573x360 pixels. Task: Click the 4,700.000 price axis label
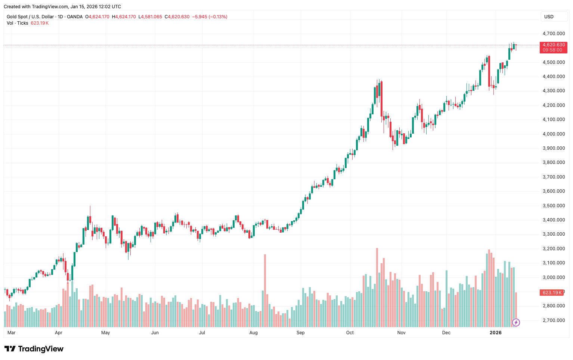pyautogui.click(x=554, y=34)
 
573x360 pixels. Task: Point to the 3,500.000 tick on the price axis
pyautogui.click(x=554, y=206)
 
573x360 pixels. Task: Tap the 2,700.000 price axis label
pyautogui.click(x=554, y=320)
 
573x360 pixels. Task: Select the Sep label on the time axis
pyautogui.click(x=301, y=333)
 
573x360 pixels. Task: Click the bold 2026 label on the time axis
pyautogui.click(x=496, y=333)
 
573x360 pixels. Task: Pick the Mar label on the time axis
pyautogui.click(x=12, y=333)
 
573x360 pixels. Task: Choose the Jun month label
pyautogui.click(x=155, y=333)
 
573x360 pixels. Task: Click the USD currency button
pyautogui.click(x=549, y=17)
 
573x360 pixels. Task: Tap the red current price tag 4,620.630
pyautogui.click(x=554, y=45)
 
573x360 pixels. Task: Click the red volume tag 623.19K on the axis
pyautogui.click(x=552, y=293)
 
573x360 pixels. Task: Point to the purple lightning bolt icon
pyautogui.click(x=516, y=322)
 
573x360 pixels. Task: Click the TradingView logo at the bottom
pyautogui.click(x=34, y=349)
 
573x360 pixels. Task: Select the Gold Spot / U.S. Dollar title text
pyautogui.click(x=30, y=17)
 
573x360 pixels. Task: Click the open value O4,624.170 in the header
pyautogui.click(x=97, y=17)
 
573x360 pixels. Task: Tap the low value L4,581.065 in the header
pyautogui.click(x=151, y=17)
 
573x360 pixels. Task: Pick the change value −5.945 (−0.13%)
pyautogui.click(x=210, y=17)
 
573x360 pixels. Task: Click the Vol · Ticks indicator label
pyautogui.click(x=17, y=23)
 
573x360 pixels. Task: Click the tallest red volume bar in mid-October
pyautogui.click(x=377, y=288)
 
